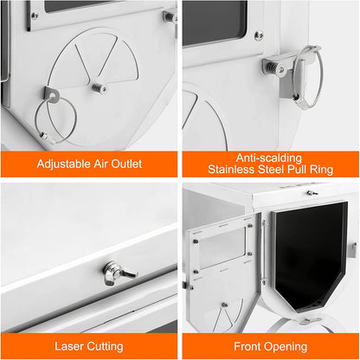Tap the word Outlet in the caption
(x=126, y=164)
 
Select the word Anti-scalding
(x=269, y=158)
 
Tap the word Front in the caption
(x=247, y=346)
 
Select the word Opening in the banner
(x=285, y=347)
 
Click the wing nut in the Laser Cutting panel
(x=119, y=273)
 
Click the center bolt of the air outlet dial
(x=99, y=87)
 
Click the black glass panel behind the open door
(x=310, y=255)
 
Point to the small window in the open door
(x=222, y=248)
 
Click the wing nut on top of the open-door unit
(x=312, y=193)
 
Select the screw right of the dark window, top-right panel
(x=259, y=35)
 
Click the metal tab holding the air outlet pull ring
(x=52, y=94)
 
